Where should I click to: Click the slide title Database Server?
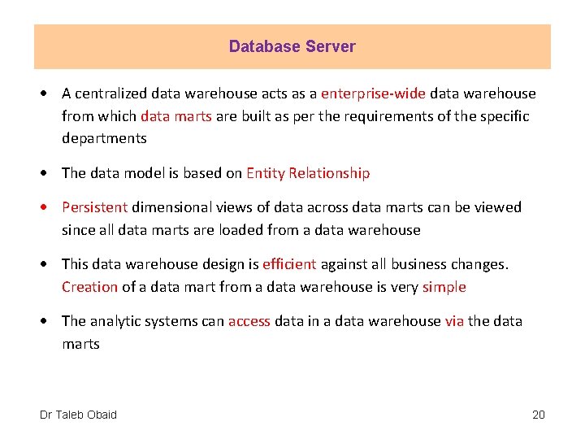(292, 46)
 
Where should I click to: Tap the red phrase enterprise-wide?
(374, 93)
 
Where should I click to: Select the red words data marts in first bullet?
(176, 115)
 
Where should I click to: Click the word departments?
(104, 138)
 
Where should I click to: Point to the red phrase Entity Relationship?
(308, 173)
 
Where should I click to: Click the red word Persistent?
(95, 207)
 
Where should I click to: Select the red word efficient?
(289, 264)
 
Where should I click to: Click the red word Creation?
(89, 287)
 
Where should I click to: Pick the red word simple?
(444, 287)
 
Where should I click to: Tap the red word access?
(249, 321)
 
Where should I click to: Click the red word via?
(454, 321)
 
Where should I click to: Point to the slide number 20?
(538, 415)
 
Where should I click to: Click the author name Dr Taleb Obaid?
(78, 415)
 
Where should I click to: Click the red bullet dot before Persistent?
(50, 207)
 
